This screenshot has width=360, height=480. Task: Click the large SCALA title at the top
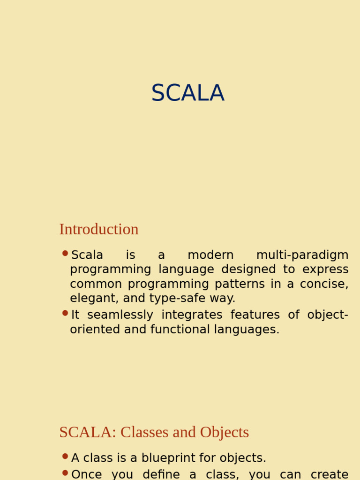(187, 93)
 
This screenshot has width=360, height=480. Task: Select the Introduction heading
(99, 229)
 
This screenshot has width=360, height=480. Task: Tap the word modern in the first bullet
(210, 255)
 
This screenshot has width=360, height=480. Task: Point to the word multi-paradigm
(302, 255)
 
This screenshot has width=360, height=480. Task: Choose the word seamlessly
(120, 315)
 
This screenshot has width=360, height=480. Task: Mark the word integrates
(192, 315)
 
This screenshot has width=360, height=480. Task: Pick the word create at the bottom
(329, 474)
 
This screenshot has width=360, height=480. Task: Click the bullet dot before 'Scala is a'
(65, 254)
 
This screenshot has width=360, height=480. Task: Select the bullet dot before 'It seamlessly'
(65, 313)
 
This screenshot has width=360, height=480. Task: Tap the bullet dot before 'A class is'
(65, 456)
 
